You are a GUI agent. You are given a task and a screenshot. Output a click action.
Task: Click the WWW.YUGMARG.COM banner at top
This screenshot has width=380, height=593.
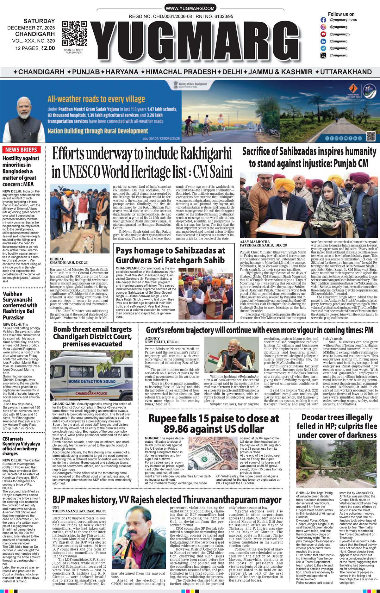[190, 9]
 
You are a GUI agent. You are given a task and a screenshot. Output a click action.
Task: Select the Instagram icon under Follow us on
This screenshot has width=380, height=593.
[323, 20]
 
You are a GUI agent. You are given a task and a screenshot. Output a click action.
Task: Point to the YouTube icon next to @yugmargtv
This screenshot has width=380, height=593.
[323, 34]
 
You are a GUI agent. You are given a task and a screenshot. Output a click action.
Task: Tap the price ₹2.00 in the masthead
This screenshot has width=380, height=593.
[48, 48]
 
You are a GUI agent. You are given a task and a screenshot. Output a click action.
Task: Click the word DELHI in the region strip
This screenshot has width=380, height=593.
[233, 72]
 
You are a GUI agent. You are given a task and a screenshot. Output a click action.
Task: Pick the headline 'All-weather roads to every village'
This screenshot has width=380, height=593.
[96, 99]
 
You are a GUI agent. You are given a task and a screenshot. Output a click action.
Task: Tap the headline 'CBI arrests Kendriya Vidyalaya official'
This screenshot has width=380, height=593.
[21, 446]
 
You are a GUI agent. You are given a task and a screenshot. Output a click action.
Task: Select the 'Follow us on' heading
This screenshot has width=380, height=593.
[341, 14]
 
